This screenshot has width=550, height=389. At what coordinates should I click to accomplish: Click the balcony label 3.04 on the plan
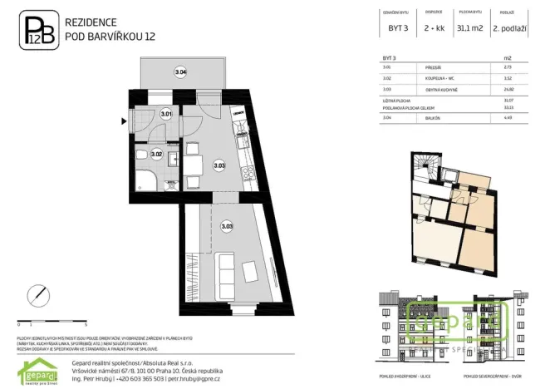(x=180, y=73)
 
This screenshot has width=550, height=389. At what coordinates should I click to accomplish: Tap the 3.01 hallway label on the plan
(x=166, y=114)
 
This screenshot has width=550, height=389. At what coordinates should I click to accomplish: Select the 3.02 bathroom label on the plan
(x=156, y=154)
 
